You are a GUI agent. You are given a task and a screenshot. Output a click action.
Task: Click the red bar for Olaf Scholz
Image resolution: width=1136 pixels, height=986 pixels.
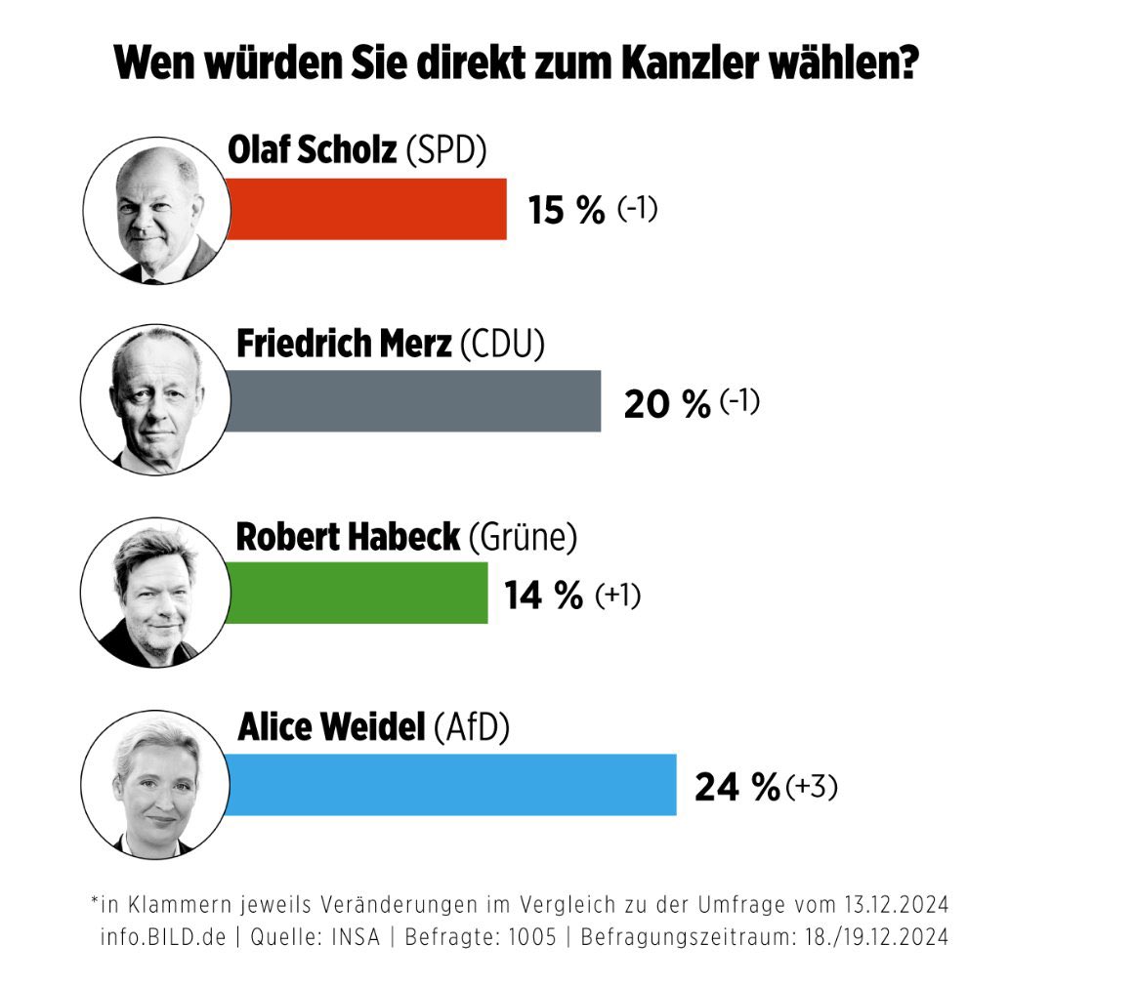pyautogui.click(x=366, y=208)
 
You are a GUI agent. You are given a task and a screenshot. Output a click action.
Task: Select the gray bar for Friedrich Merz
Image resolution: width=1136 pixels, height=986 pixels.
pyautogui.click(x=413, y=400)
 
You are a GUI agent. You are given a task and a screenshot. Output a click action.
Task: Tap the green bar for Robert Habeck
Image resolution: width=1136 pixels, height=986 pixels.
pyautogui.click(x=357, y=592)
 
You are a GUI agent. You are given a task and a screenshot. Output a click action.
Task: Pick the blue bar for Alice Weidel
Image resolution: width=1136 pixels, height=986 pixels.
pyautogui.click(x=450, y=784)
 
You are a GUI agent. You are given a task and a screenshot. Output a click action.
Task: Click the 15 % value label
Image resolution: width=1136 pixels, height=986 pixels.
pyautogui.click(x=567, y=210)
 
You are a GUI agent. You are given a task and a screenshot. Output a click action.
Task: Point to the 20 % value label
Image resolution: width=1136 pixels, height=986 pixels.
pyautogui.click(x=667, y=403)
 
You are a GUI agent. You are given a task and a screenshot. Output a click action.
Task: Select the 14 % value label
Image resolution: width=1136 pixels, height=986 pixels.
pyautogui.click(x=543, y=595)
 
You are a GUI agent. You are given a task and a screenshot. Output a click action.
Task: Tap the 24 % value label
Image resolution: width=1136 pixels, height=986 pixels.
pyautogui.click(x=736, y=787)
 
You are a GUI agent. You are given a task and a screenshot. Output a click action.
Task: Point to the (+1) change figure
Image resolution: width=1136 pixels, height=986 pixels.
pyautogui.click(x=617, y=595)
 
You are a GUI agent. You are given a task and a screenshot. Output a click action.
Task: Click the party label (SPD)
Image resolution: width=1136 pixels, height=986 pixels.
pyautogui.click(x=444, y=151)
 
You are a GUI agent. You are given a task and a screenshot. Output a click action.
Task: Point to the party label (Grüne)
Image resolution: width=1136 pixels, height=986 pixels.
pyautogui.click(x=523, y=537)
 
